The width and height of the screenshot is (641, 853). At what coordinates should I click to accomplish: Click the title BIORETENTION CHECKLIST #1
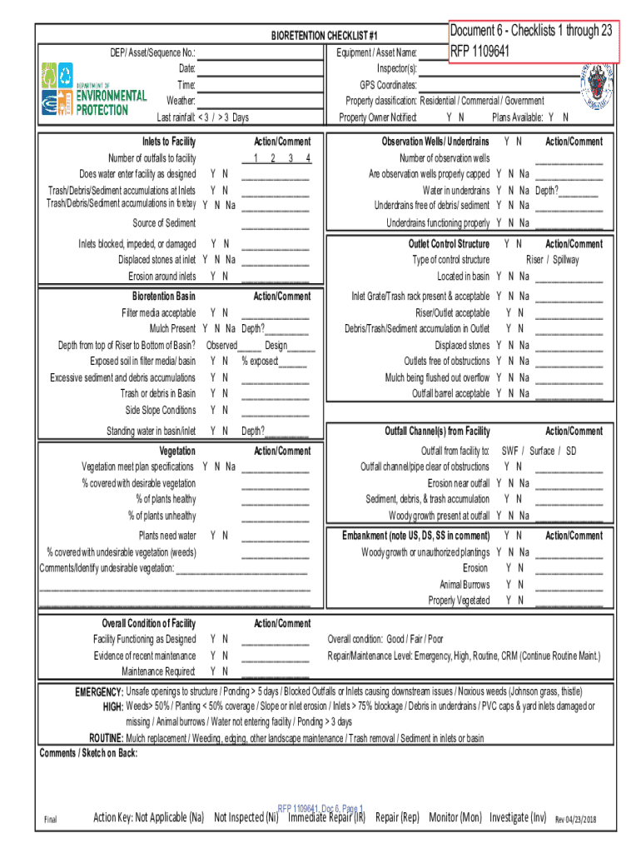[x=325, y=37]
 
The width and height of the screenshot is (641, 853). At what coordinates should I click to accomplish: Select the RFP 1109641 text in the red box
[x=480, y=49]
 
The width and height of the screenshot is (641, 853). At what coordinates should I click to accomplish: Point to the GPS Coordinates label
[x=388, y=85]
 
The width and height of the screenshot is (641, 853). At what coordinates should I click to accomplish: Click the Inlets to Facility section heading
[x=169, y=142]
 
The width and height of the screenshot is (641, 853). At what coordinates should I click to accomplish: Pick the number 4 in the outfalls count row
[x=308, y=158]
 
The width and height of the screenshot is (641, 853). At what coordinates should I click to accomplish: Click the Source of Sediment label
[x=164, y=223]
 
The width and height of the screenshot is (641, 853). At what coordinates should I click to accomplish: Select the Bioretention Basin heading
[x=164, y=297]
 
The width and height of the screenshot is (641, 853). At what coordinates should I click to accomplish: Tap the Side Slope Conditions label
[x=161, y=410]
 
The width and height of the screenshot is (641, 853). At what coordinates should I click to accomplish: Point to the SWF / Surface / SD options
[x=538, y=451]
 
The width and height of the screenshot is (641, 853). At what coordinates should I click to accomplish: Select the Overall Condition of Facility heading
[x=148, y=623]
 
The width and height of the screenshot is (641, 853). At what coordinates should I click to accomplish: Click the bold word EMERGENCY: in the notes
[x=99, y=692]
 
